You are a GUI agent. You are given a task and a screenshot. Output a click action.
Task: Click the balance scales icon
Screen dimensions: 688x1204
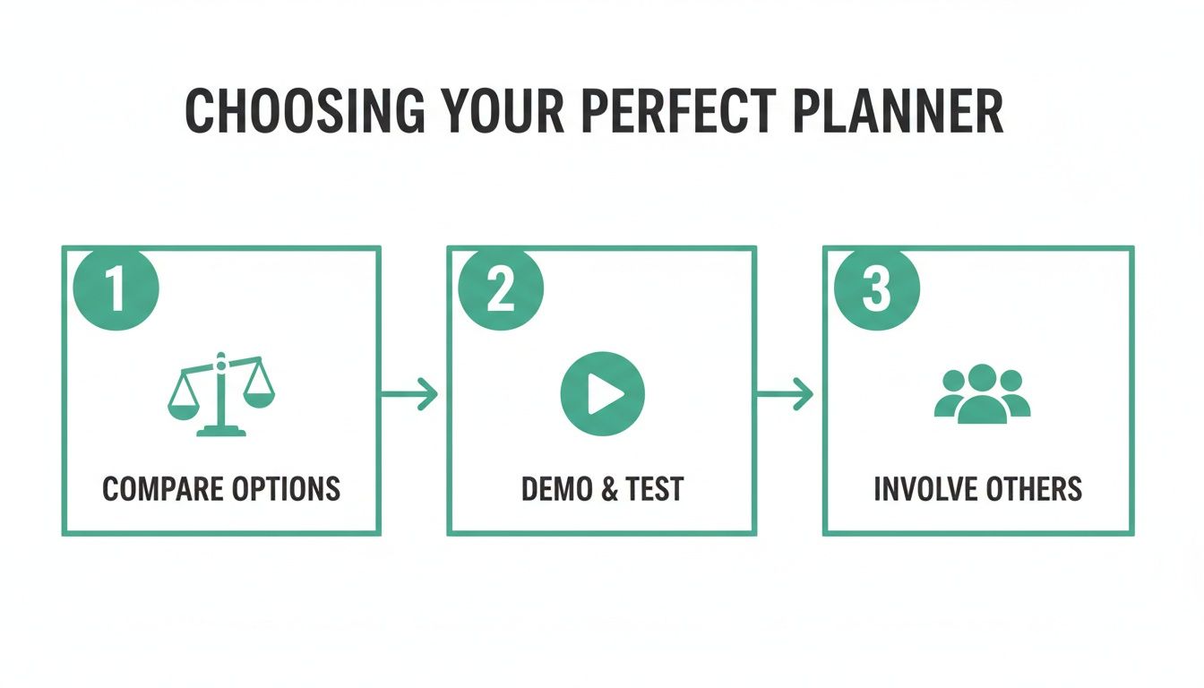[x=221, y=394]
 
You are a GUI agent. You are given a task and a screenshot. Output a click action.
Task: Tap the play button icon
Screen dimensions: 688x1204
[x=602, y=394]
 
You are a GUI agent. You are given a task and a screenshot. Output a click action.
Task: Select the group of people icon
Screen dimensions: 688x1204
[x=982, y=394]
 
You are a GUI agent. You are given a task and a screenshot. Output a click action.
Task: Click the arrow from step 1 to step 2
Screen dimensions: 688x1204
[x=410, y=394]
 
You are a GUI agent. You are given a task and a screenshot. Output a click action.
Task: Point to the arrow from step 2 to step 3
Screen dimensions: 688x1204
[x=786, y=394]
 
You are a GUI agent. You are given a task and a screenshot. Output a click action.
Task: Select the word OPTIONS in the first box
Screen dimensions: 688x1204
[x=288, y=489]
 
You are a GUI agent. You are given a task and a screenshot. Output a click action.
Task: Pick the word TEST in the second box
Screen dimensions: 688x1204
[x=657, y=489]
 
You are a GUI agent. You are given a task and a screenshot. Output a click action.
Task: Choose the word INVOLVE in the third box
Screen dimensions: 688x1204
[x=922, y=489]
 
